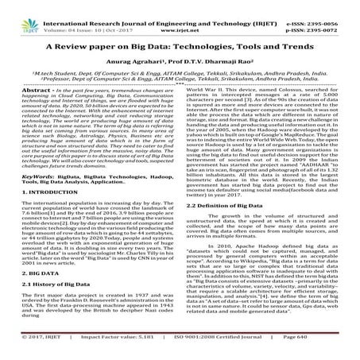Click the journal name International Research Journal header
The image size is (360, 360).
(119, 5)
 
